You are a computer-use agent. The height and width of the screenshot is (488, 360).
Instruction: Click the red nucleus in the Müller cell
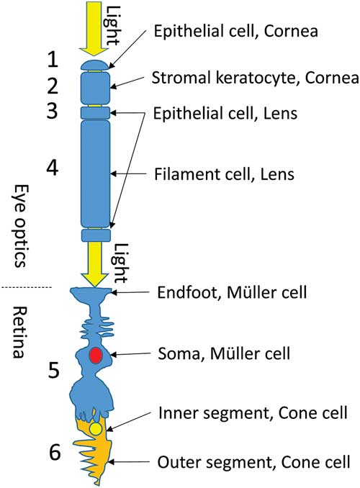(x=95, y=356)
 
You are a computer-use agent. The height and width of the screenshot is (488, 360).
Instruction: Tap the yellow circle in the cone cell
(x=95, y=429)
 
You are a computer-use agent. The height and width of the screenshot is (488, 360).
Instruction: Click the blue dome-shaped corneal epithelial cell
(x=95, y=65)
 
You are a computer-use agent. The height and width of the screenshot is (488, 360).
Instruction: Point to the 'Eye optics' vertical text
(x=20, y=224)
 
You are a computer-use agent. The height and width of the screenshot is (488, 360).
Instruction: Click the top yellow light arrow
(x=95, y=29)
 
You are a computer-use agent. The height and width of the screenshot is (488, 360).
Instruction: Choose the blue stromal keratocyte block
(x=95, y=88)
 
